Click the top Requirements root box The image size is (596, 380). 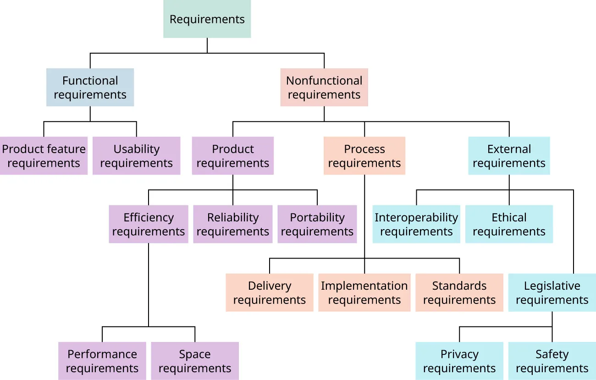click(207, 19)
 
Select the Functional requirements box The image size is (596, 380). click(90, 88)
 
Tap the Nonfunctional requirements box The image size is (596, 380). click(324, 88)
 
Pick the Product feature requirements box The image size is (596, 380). click(44, 156)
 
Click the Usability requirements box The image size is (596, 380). click(136, 156)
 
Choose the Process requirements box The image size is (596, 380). click(364, 156)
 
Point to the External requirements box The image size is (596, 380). click(509, 156)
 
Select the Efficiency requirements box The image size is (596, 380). click(149, 224)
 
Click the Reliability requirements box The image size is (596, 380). click(233, 224)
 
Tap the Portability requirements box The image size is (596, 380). click(317, 224)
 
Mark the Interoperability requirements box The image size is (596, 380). click(416, 224)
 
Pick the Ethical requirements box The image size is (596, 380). click(509, 224)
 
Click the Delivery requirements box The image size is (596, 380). click(270, 292)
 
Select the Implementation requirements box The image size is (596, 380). click(364, 292)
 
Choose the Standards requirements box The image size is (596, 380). click(459, 292)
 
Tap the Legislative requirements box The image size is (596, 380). click(552, 292)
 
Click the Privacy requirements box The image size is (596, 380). click(459, 361)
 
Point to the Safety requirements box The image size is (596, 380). click(552, 361)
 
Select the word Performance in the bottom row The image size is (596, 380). click(102, 354)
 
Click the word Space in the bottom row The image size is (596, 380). click(195, 354)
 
